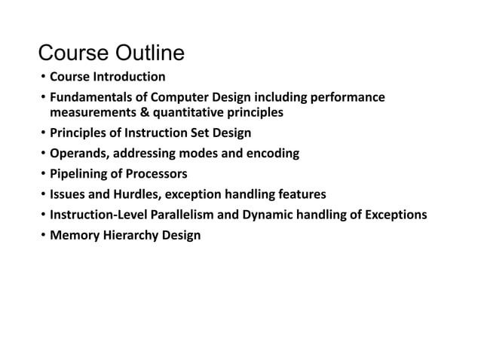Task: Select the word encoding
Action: pos(273,154)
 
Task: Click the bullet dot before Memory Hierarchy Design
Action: pos(43,236)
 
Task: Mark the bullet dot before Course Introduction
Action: pos(43,77)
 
